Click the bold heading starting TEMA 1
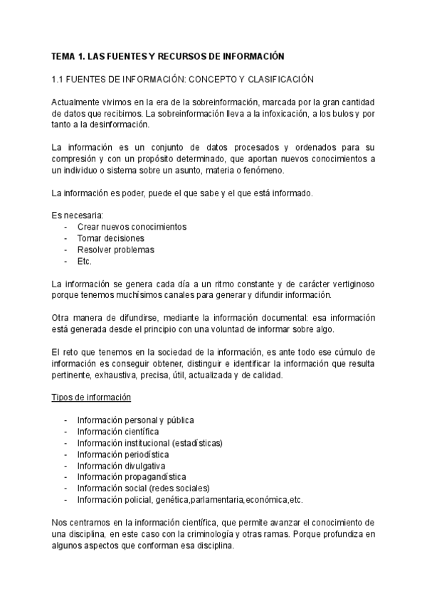pyautogui.click(x=168, y=55)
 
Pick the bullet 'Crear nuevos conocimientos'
pyautogui.click(x=132, y=227)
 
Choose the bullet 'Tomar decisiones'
pyautogui.click(x=110, y=238)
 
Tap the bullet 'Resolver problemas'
pyautogui.click(x=115, y=250)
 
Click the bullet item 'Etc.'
pyautogui.click(x=85, y=261)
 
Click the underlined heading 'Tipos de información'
pyautogui.click(x=90, y=397)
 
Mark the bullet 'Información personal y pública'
pyautogui.click(x=135, y=420)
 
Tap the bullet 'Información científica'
pyautogui.click(x=117, y=432)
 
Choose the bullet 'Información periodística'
pyautogui.click(x=122, y=454)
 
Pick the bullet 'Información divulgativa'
pyautogui.click(x=121, y=466)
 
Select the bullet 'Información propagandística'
pyautogui.click(x=132, y=477)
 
